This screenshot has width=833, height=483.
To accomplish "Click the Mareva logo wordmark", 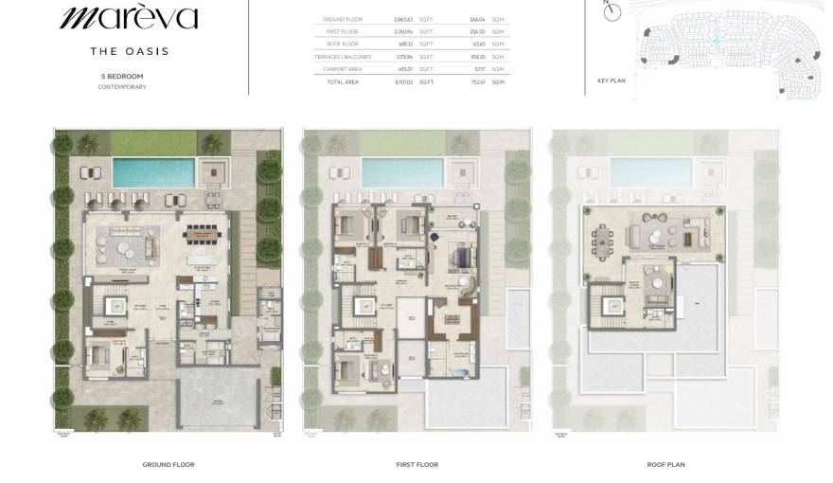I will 129,17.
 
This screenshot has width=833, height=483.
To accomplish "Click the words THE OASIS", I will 129,51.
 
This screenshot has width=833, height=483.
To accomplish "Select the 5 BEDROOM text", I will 122,76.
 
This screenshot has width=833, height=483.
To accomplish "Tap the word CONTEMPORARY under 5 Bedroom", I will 122,87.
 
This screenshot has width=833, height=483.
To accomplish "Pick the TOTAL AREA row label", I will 343,82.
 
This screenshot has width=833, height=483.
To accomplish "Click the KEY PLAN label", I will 611,80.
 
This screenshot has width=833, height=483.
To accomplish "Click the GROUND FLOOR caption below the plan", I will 168,465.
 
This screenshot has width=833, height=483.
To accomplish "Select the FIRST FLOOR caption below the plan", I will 416,465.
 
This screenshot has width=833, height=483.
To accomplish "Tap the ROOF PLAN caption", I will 665,465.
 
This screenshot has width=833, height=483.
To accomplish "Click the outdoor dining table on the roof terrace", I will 605,232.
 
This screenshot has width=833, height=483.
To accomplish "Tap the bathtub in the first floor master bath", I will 452,372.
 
